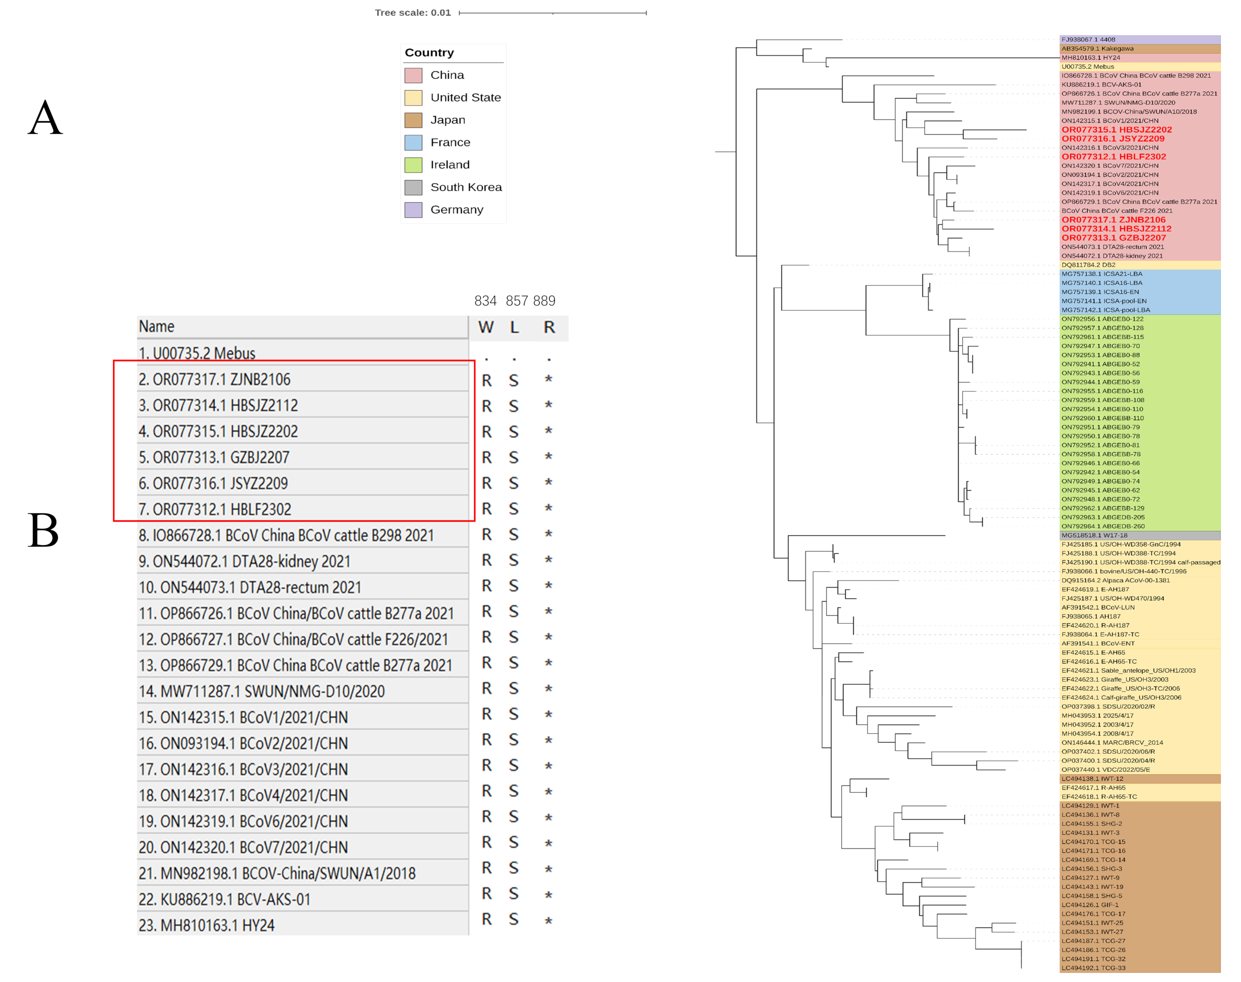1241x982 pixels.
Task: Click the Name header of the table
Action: tap(156, 327)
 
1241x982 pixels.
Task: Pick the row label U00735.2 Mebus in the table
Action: tap(197, 353)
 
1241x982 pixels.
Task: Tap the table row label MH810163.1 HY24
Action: tap(206, 925)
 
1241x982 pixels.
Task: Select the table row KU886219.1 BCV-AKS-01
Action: tap(224, 899)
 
